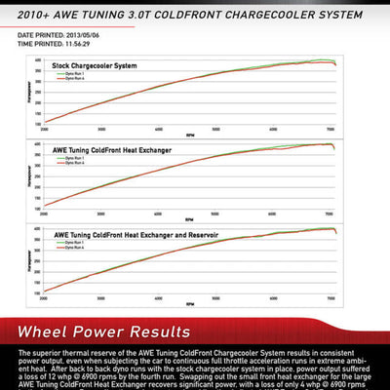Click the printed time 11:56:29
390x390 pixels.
[71, 44]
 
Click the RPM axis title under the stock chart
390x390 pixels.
[188, 133]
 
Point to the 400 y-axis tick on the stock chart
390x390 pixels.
[37, 60]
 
